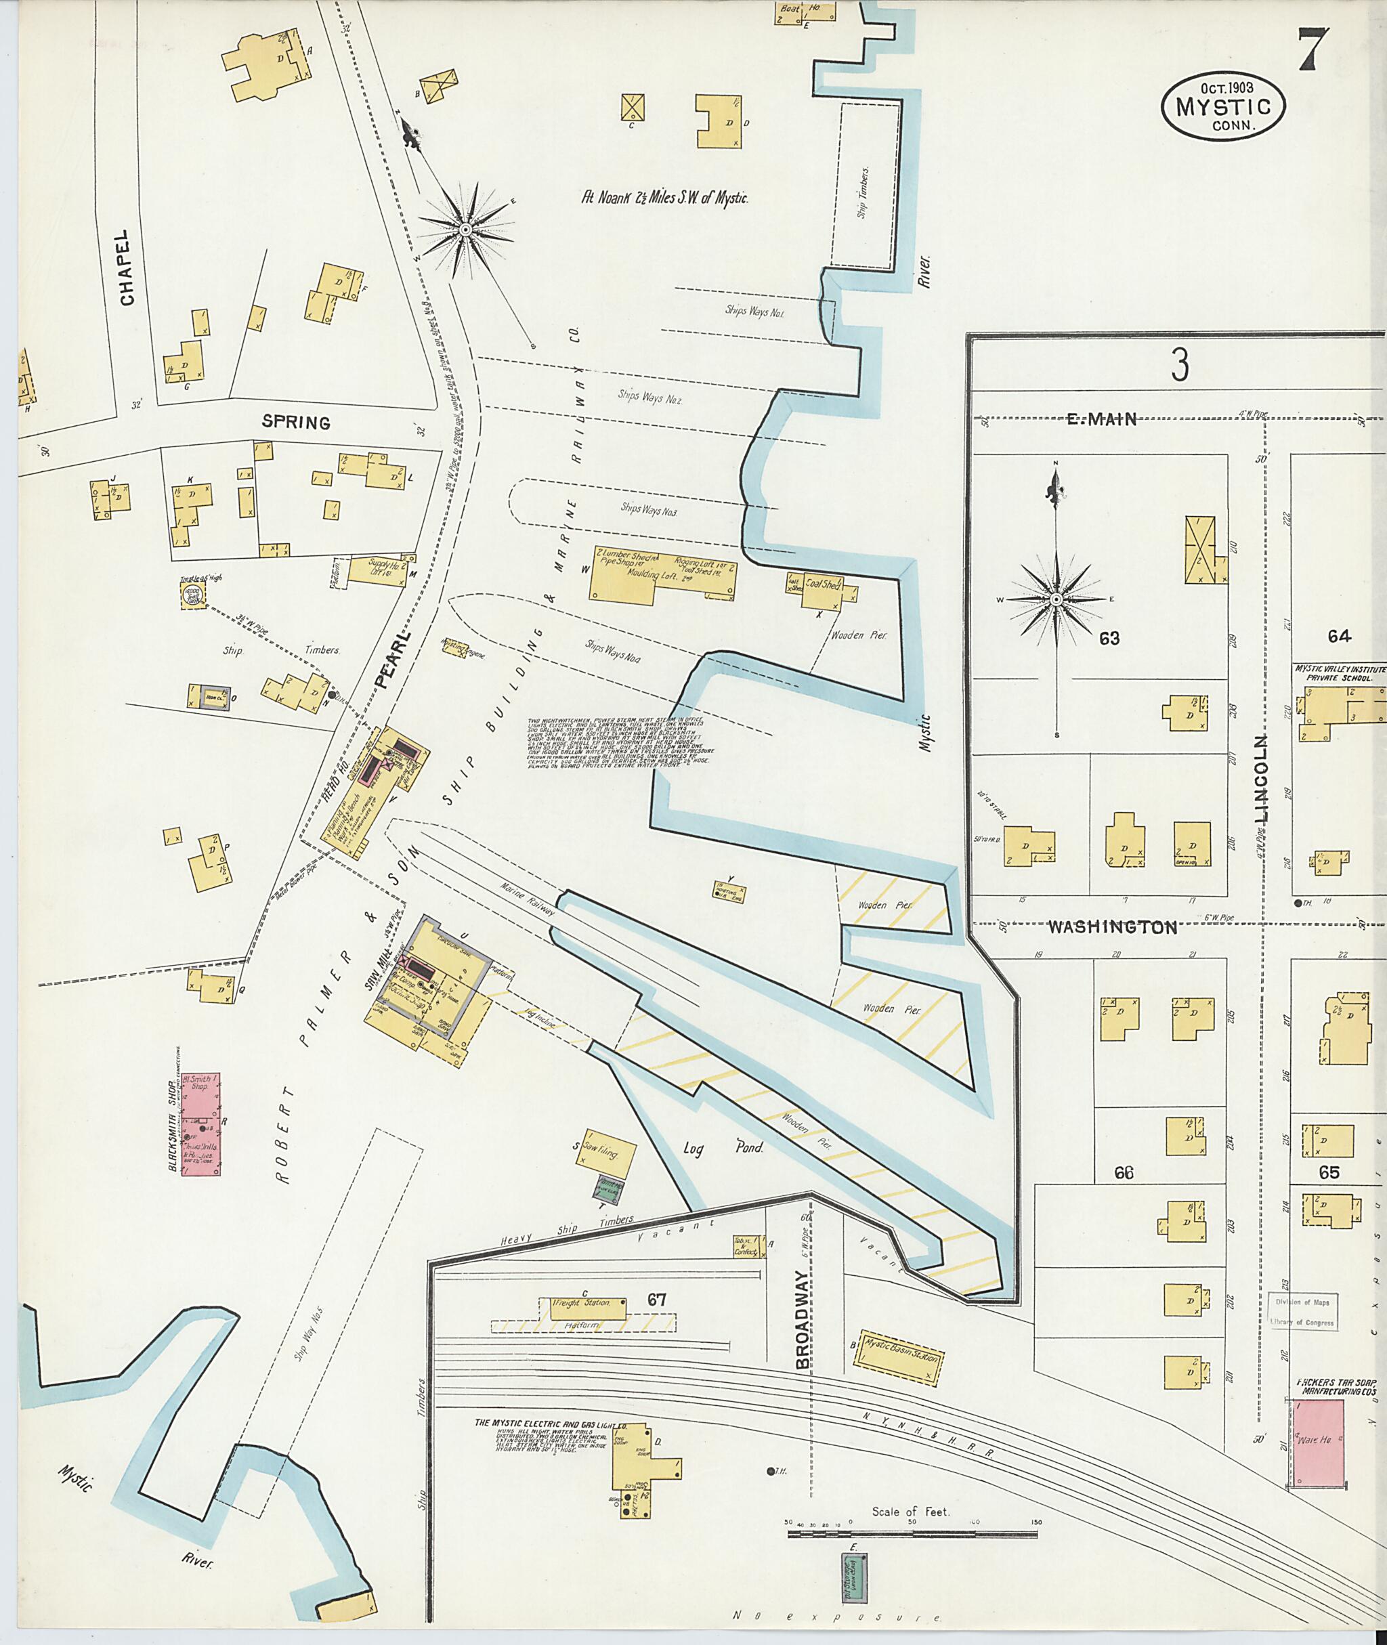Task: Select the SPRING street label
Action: coord(296,423)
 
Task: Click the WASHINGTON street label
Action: coord(1113,927)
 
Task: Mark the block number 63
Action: coord(1109,638)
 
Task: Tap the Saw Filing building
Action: coord(605,1153)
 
